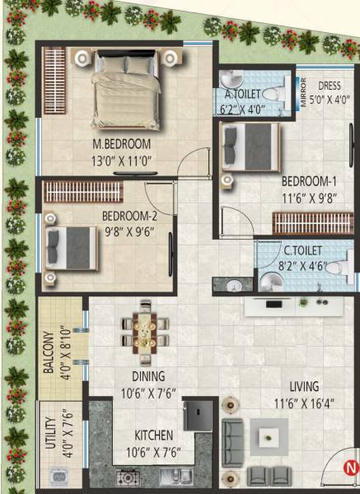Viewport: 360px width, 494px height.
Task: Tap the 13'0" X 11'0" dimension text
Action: click(122, 161)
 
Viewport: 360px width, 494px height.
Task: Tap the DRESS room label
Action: click(330, 85)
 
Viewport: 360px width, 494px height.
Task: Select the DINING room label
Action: click(149, 376)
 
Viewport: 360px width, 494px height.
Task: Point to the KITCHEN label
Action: click(155, 436)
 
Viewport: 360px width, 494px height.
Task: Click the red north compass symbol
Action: click(349, 471)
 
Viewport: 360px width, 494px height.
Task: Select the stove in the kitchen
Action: click(129, 477)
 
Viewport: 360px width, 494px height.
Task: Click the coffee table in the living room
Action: click(268, 436)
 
